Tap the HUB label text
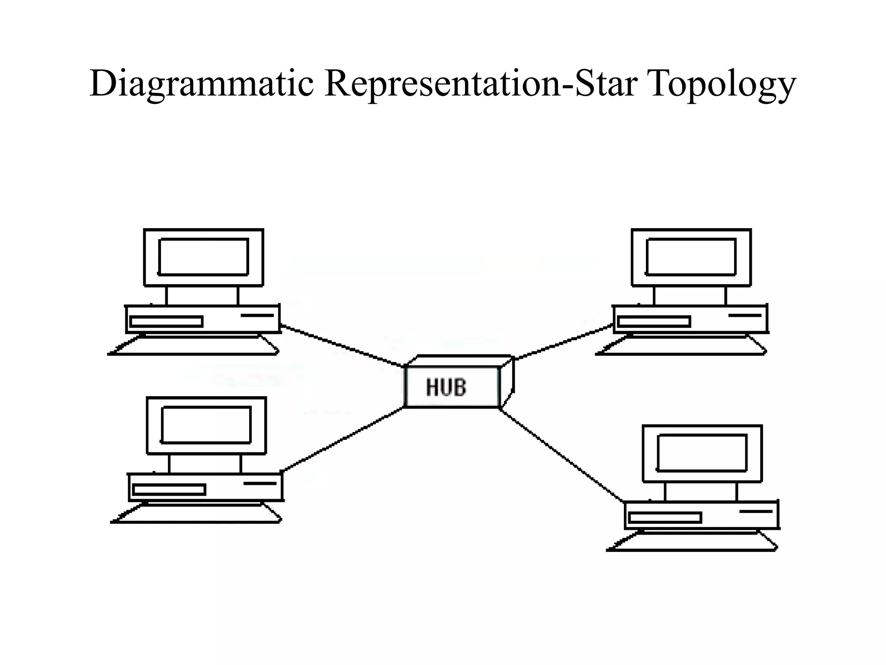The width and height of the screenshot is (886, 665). pos(446,387)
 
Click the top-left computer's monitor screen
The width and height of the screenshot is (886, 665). pos(203,257)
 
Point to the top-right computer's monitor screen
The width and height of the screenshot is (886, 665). pos(691,257)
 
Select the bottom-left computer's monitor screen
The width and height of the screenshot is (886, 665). pos(206,425)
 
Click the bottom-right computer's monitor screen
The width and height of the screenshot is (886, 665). pos(702,453)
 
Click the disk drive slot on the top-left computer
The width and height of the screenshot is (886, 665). pos(167,321)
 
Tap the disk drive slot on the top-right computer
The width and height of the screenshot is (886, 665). pos(654,321)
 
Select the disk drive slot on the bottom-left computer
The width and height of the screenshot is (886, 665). pos(169,490)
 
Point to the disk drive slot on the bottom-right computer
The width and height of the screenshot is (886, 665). pos(665,517)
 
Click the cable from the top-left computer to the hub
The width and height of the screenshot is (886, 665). pos(342,345)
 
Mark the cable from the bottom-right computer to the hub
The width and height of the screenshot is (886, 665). pos(562,455)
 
